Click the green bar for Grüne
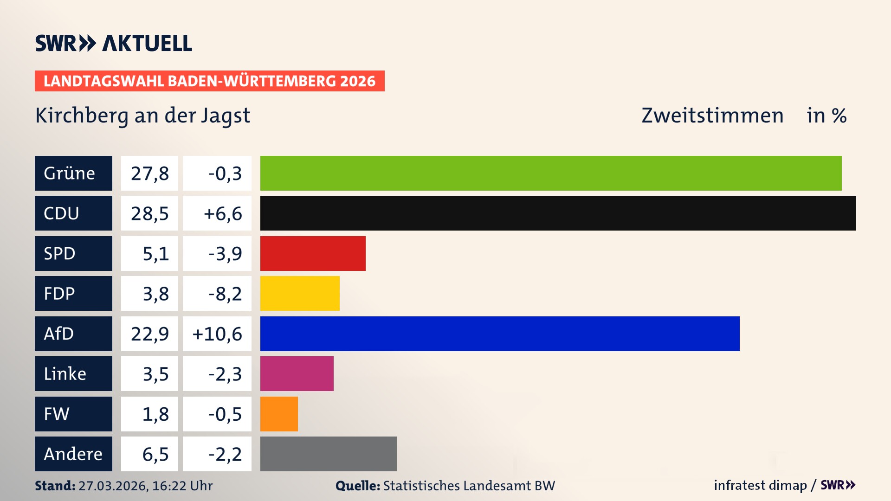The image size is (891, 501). [x=551, y=173]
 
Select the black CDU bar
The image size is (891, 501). [x=558, y=213]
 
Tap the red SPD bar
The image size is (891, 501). [x=313, y=253]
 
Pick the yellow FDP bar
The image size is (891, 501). [x=300, y=293]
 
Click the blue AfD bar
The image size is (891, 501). [x=500, y=334]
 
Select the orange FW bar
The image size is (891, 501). [x=279, y=414]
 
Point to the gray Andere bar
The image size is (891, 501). [x=328, y=454]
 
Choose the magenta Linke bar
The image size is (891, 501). [x=297, y=373]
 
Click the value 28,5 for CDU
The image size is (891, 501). [x=149, y=213]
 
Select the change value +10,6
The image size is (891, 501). [x=217, y=334]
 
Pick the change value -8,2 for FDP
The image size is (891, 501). [x=225, y=294]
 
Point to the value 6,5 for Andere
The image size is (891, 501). [x=155, y=454]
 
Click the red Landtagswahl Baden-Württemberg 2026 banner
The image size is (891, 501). [x=209, y=81]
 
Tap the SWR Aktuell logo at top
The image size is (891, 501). [x=114, y=43]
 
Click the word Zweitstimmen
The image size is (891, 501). [x=712, y=116]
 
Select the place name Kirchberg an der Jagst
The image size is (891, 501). [x=142, y=116]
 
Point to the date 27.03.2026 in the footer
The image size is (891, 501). [x=113, y=486]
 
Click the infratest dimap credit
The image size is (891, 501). [x=760, y=485]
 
